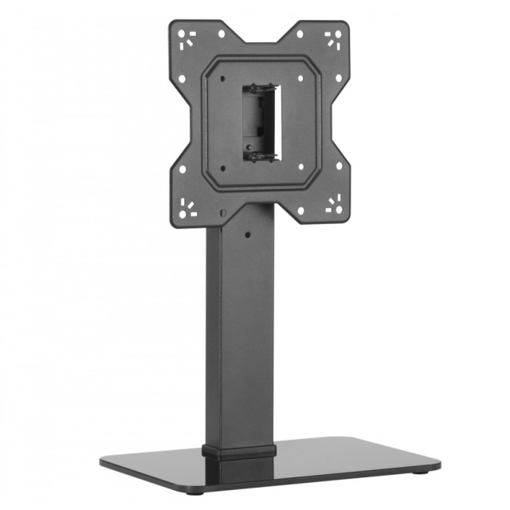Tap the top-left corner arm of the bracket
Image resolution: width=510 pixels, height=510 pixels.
click(192, 43)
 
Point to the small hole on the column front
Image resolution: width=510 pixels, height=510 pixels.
click(247, 236)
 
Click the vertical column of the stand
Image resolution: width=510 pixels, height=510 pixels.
click(239, 335)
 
